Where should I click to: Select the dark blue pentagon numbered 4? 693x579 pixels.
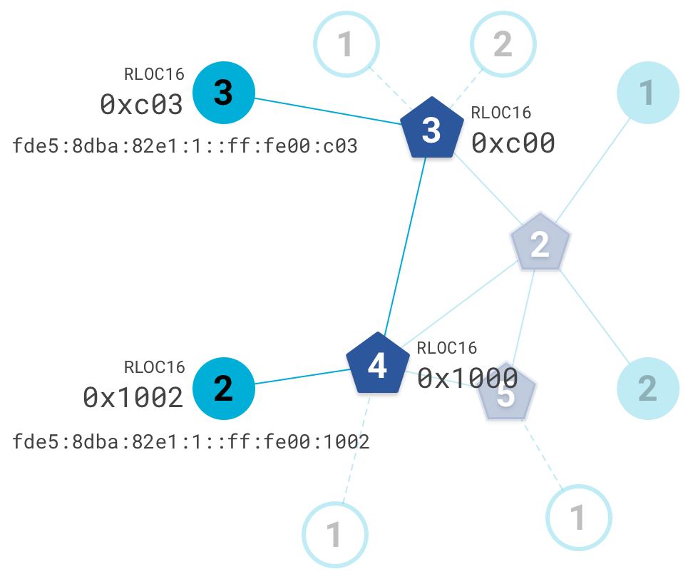(377, 365)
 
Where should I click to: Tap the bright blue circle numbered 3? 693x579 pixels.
(224, 93)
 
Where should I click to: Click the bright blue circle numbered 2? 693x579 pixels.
(224, 389)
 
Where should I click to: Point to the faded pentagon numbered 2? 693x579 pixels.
(540, 244)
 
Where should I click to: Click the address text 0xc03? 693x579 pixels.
(142, 105)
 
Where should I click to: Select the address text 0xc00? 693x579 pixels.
(513, 143)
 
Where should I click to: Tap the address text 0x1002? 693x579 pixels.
(133, 396)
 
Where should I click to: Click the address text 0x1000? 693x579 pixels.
(467, 378)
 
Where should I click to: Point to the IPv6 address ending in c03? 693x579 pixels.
(185, 147)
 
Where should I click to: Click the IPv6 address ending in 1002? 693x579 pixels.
(190, 442)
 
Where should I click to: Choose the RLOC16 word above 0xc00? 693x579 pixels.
(501, 113)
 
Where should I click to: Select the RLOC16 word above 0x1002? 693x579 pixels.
(155, 367)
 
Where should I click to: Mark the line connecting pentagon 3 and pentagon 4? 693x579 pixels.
(405, 246)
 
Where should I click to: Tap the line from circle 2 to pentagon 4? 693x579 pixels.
(299, 376)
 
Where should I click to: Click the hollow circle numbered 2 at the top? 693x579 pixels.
(503, 44)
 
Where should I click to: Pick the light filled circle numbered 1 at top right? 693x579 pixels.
(647, 93)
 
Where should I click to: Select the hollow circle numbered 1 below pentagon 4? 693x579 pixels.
(334, 533)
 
